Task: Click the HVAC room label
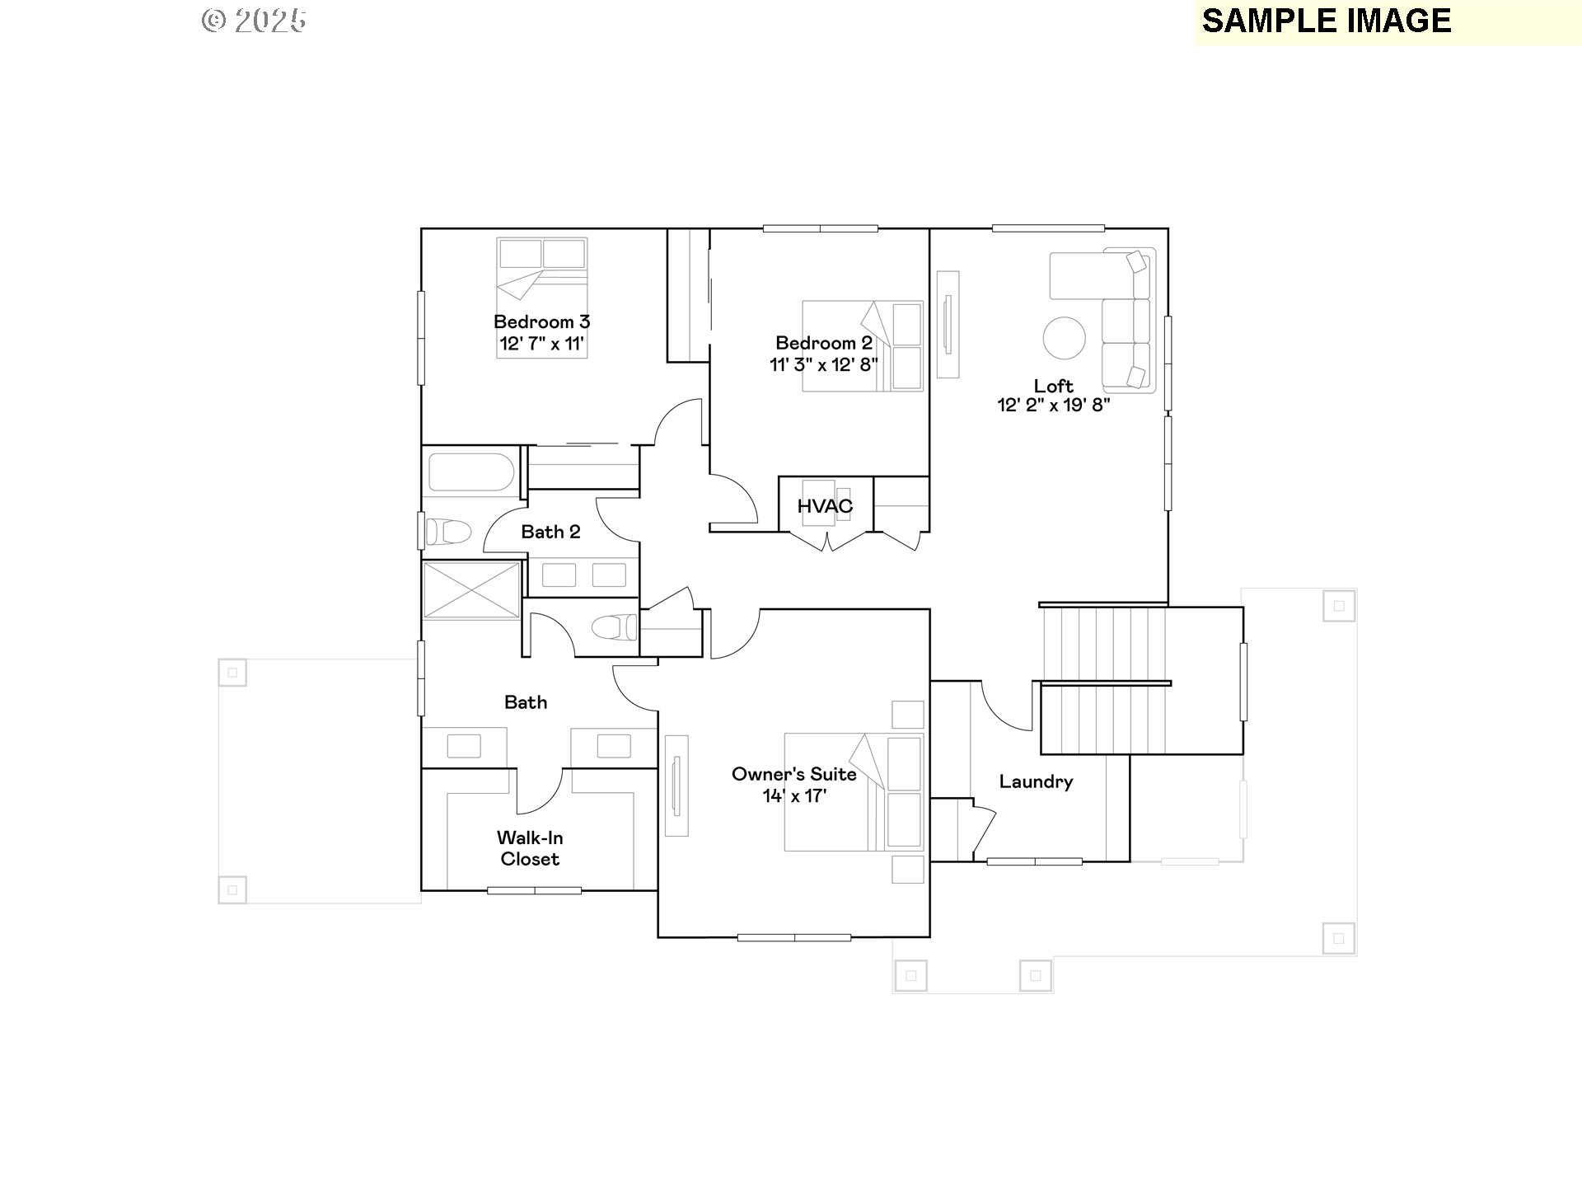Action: tap(825, 506)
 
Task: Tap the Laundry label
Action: tap(1036, 781)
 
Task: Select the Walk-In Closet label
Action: tap(530, 848)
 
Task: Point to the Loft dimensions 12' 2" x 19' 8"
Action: tap(1054, 405)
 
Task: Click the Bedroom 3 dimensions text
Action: tap(542, 344)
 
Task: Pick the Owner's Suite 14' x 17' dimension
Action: tap(794, 795)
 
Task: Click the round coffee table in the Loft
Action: tap(1065, 338)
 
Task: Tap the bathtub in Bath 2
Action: tap(471, 472)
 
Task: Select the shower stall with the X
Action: tap(472, 589)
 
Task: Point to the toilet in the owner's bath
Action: tap(615, 628)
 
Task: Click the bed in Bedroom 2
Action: tap(863, 345)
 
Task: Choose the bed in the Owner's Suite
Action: tap(854, 792)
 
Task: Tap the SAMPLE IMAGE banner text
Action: tap(1327, 21)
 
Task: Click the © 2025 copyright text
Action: tap(254, 21)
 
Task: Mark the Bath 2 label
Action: tap(550, 532)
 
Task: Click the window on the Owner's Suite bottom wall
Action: tap(794, 937)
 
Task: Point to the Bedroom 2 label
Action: tap(824, 343)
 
